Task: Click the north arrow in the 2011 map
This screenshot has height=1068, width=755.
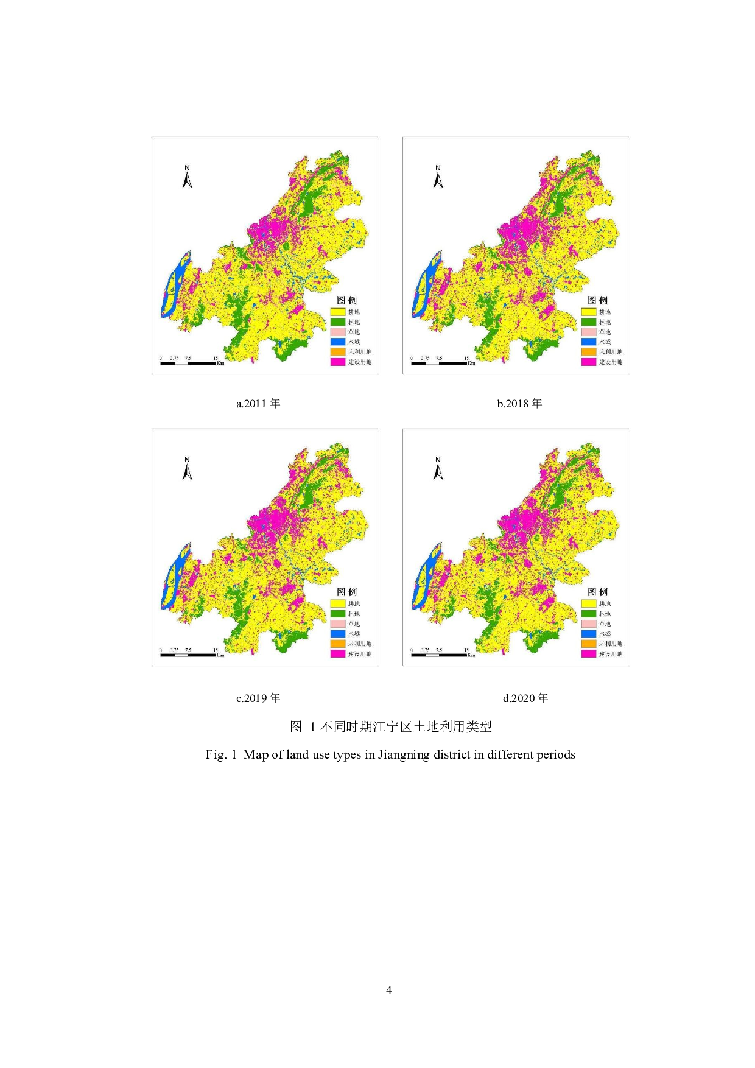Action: click(x=187, y=177)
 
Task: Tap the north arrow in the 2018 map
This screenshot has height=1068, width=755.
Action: click(x=438, y=177)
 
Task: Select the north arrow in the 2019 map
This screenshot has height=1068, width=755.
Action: click(x=187, y=469)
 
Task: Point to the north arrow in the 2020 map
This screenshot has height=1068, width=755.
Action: click(x=438, y=469)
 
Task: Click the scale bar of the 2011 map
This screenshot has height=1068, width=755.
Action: click(x=189, y=363)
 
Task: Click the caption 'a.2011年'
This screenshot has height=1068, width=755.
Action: click(x=258, y=403)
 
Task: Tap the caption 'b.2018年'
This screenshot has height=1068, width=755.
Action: click(x=519, y=403)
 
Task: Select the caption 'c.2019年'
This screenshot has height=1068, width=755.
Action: click(x=258, y=698)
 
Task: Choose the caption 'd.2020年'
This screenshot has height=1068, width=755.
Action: click(x=525, y=698)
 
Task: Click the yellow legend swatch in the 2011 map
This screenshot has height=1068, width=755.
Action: click(x=338, y=312)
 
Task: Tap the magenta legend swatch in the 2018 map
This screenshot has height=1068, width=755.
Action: click(x=589, y=362)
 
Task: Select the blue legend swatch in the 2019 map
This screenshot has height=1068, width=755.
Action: click(x=338, y=633)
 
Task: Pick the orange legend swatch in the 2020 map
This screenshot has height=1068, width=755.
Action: click(x=589, y=644)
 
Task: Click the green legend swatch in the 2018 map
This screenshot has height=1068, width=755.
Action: click(x=589, y=322)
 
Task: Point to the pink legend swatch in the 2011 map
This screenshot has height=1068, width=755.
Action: click(x=338, y=332)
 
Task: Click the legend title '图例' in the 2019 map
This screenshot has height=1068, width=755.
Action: click(x=347, y=592)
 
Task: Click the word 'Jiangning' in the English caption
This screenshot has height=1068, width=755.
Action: click(x=404, y=754)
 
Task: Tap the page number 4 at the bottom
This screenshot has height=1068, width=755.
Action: click(x=388, y=990)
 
